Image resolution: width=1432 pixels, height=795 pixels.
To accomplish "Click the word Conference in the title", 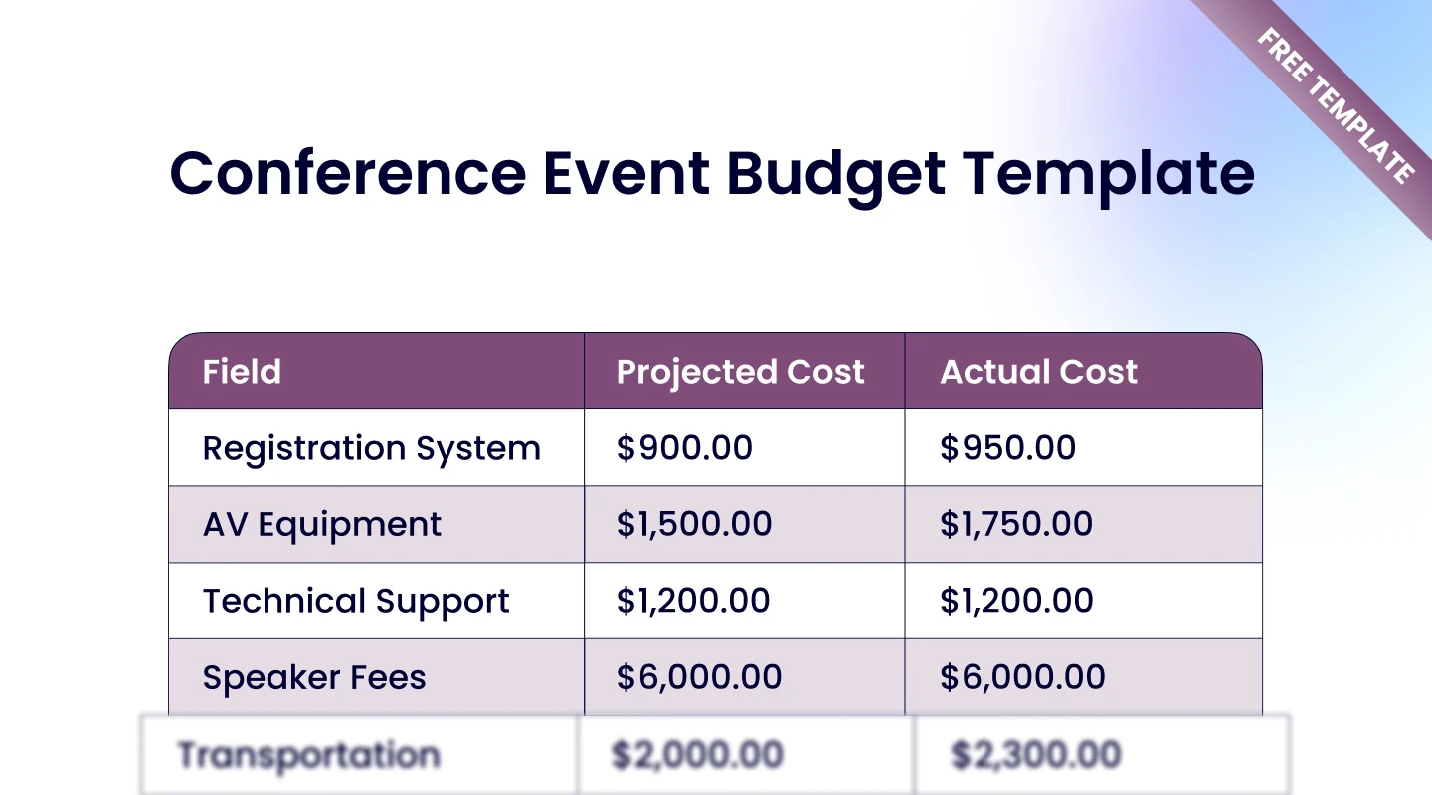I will pos(348,174).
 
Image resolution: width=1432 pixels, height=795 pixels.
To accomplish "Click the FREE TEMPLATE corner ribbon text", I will pos(1335,106).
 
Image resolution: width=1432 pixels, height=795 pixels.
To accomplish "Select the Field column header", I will pos(242,372).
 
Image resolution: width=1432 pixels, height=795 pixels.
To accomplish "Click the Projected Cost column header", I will pos(740,372).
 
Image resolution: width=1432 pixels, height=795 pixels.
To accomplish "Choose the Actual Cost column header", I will pos(1038,372).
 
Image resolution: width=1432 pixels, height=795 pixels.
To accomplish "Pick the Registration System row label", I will pos(371,449).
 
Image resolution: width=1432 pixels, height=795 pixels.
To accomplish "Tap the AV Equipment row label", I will pos(322,525).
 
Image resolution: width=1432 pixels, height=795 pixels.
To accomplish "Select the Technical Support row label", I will pos(356,601).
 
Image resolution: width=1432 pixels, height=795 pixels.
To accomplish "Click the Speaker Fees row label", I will pos(314,678).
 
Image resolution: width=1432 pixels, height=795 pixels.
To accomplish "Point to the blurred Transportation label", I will pos(308,755).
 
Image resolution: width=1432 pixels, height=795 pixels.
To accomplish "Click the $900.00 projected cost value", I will pos(684,448).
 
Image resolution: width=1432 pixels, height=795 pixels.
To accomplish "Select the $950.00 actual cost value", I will pos(1007,448).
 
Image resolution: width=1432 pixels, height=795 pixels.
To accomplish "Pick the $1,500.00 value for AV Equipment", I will pos(694,525).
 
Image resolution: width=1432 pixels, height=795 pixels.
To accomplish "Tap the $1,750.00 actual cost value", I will pos(1016,525).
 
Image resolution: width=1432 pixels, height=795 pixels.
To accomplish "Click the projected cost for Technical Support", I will pos(693,601).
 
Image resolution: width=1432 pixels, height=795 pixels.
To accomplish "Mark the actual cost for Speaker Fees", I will pos(1022,678).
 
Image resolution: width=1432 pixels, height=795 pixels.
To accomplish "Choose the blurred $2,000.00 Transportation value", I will pos(697,755).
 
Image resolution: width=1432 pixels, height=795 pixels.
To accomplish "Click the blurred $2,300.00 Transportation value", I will pos(1035,755).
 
